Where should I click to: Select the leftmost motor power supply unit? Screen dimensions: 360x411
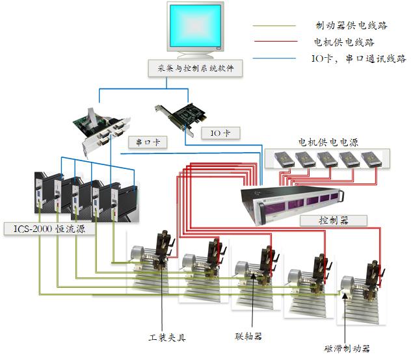tap(284, 158)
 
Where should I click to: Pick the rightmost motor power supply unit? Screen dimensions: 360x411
tap(373, 158)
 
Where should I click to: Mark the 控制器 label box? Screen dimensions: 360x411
tap(332, 220)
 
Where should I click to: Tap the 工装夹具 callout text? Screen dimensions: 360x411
tap(167, 337)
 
